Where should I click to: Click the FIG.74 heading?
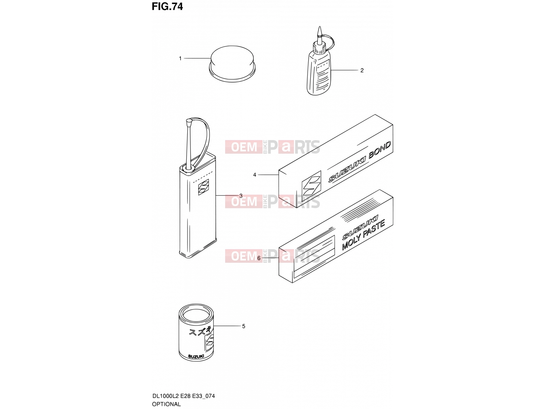[167, 7]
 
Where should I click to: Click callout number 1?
[180, 58]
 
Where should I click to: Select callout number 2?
[362, 71]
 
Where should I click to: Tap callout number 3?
[240, 196]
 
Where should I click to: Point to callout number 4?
[254, 175]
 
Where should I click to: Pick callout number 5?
[244, 326]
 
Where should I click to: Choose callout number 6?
[259, 258]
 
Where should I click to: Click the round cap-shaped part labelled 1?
[232, 64]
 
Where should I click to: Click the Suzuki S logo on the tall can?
[203, 187]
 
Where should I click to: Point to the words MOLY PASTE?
[363, 235]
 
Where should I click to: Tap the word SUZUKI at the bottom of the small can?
[196, 357]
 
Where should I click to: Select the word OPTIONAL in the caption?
[166, 404]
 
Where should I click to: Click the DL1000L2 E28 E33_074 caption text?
[183, 396]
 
